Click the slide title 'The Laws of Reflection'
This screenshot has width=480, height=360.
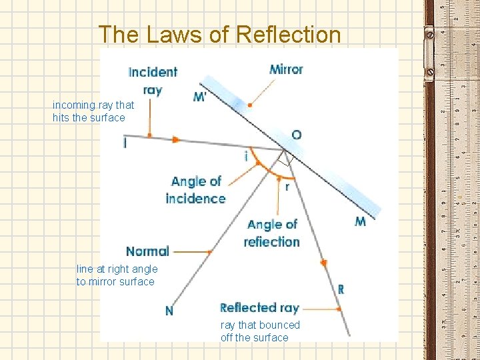coord(219,34)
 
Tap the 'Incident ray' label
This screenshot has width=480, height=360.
coord(153,80)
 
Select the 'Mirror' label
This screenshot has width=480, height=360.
coord(286,69)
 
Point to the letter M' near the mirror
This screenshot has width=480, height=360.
coord(200,97)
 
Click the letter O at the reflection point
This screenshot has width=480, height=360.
coord(296,135)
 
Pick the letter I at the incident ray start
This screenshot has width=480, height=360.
coord(125,143)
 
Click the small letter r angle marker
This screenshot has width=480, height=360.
coord(287,187)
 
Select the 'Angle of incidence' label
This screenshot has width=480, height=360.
coord(195,190)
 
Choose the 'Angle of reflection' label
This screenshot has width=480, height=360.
coord(272,233)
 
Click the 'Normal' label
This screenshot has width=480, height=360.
coord(147,251)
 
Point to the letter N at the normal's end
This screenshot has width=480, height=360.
coord(169,311)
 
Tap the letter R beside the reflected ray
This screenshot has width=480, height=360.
coord(341,290)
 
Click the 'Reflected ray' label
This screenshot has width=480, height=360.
coord(259,307)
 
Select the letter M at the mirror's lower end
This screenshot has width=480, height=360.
coord(360,222)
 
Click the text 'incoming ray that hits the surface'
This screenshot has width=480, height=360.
coord(93,111)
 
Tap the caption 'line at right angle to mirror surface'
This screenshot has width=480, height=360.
coord(117,275)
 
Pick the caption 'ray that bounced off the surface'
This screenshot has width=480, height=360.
coord(260,331)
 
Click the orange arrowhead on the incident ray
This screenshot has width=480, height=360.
coord(176,140)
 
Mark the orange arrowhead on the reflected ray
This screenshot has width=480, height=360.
coord(324,264)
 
